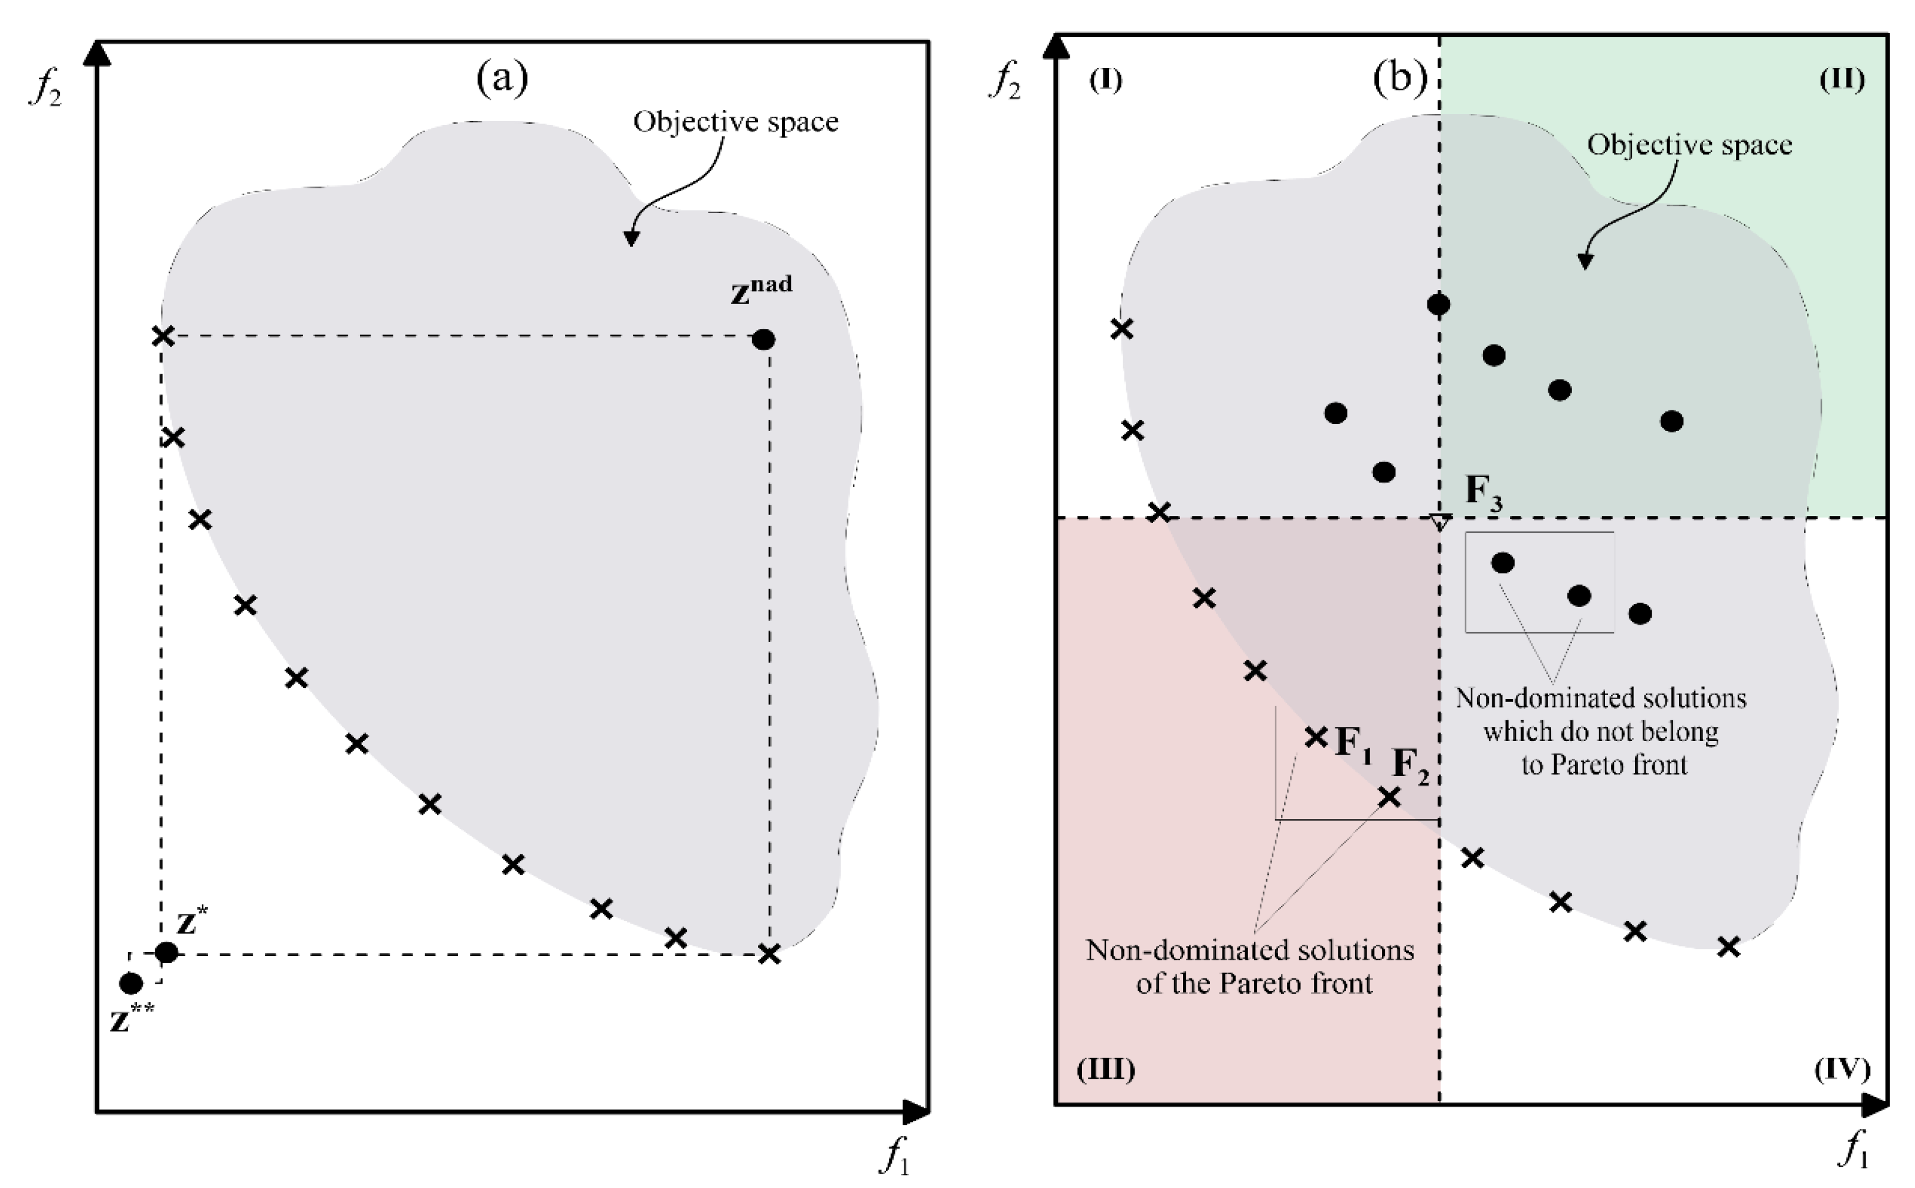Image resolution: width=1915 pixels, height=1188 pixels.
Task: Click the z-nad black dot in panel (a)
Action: [x=763, y=340]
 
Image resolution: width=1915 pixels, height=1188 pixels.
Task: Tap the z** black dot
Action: [x=130, y=983]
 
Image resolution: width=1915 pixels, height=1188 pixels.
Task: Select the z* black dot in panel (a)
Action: [x=166, y=953]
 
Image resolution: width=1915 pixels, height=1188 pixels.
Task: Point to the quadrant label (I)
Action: [x=1106, y=80]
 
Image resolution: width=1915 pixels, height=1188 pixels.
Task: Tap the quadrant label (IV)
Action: [x=1842, y=1069]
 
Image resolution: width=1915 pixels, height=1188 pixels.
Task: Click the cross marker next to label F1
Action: [x=1316, y=737]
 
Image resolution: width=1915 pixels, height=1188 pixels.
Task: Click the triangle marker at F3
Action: [x=1439, y=521]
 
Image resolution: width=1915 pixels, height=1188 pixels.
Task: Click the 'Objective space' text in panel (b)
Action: [x=1689, y=145]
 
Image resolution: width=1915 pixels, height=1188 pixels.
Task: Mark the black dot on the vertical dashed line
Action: [x=1438, y=304]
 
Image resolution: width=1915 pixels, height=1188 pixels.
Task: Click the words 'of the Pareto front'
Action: [x=1254, y=984]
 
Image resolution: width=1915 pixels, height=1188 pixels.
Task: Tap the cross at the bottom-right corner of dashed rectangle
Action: [x=770, y=955]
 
